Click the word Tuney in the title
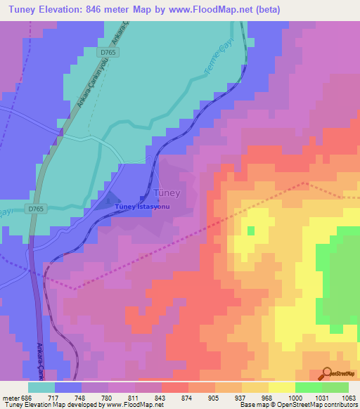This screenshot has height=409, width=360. [22, 9]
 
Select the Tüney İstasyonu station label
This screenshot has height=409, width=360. [143, 207]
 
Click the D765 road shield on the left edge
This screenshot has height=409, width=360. [37, 209]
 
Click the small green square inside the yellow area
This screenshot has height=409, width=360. [250, 230]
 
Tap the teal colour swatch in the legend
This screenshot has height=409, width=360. [41, 387]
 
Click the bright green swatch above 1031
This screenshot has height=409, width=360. [309, 387]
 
